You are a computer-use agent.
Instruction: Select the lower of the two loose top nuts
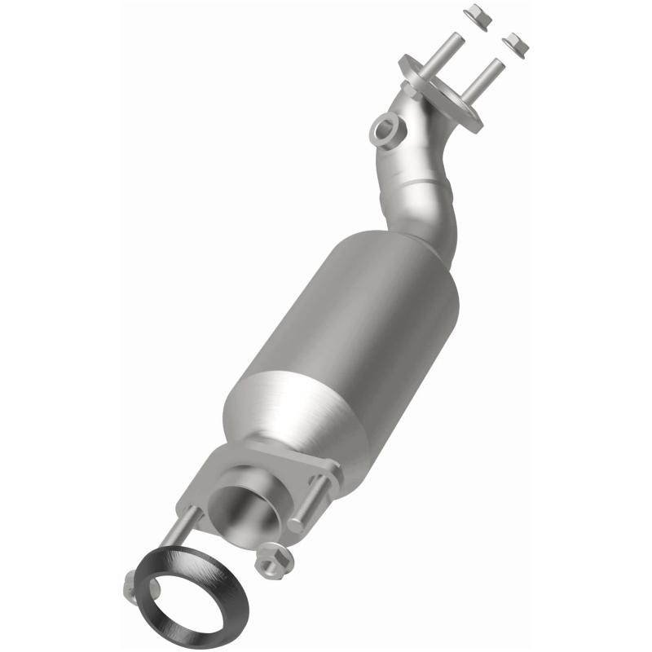(516, 43)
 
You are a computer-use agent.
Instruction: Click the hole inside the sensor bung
(385, 129)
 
